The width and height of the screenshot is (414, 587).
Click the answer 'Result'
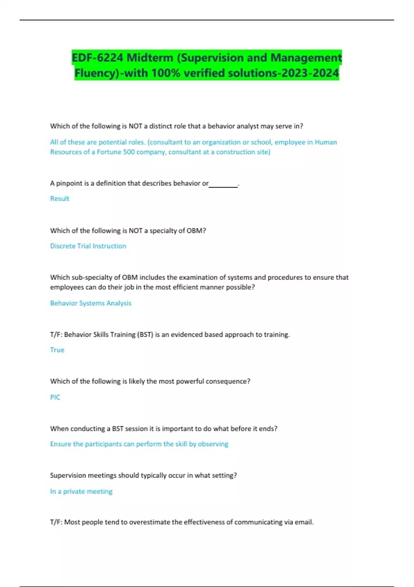[x=60, y=199]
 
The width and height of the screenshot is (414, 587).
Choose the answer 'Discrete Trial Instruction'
[x=88, y=246]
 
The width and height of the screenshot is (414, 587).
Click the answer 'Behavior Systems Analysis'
[x=91, y=303]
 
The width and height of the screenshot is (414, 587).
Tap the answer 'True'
[x=57, y=350]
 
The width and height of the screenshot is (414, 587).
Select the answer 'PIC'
[x=55, y=397]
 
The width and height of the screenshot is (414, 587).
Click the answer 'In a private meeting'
[x=81, y=491]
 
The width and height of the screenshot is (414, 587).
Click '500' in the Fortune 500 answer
[x=129, y=152]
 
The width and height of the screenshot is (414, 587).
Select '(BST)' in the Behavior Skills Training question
[x=145, y=335]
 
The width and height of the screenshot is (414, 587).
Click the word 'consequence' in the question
[x=228, y=381]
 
